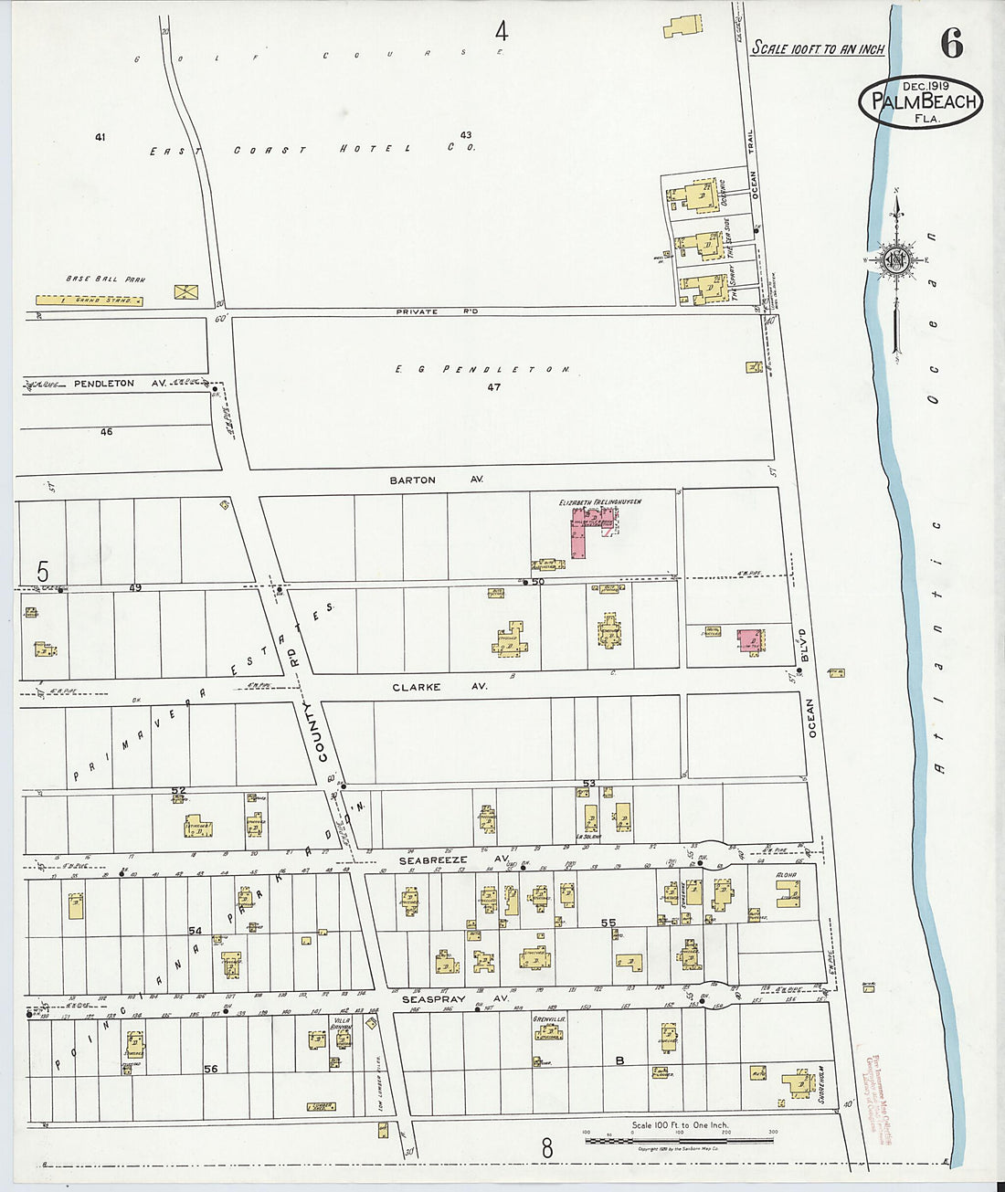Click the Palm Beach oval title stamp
point(921,101)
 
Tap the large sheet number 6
point(951,43)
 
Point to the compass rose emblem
point(896,260)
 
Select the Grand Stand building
point(89,300)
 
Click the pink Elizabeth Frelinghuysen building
point(586,530)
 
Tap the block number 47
point(493,387)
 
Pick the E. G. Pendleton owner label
point(482,369)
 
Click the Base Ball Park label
point(105,279)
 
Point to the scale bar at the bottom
point(679,1139)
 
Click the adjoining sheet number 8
point(546,1148)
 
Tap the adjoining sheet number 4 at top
point(501,32)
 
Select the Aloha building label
point(786,875)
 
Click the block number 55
point(608,923)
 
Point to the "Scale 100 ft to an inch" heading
point(818,48)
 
